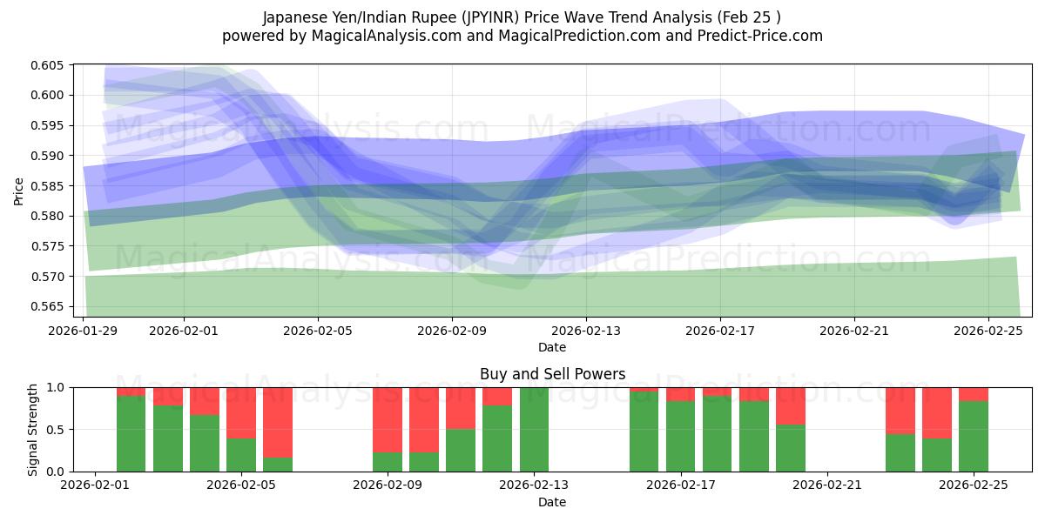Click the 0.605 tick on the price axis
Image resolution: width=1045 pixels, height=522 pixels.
[50, 65]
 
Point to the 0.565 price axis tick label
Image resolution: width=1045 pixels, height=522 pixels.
[50, 306]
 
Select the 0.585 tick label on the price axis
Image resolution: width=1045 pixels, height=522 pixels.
[50, 186]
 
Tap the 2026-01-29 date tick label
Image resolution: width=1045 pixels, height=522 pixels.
[84, 331]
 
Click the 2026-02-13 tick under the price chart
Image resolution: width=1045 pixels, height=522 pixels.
[586, 331]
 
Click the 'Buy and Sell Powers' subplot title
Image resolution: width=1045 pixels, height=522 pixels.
[552, 374]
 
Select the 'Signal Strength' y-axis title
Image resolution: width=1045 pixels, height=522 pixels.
[32, 429]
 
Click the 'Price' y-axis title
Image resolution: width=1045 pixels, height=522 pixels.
[19, 191]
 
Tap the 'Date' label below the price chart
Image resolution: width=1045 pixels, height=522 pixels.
[552, 347]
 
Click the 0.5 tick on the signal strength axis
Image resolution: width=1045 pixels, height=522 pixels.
[56, 430]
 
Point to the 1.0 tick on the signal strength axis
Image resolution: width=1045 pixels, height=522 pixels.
[56, 387]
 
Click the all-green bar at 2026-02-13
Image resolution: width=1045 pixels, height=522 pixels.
[534, 430]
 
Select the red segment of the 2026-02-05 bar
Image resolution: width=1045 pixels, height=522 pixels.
[241, 412]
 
